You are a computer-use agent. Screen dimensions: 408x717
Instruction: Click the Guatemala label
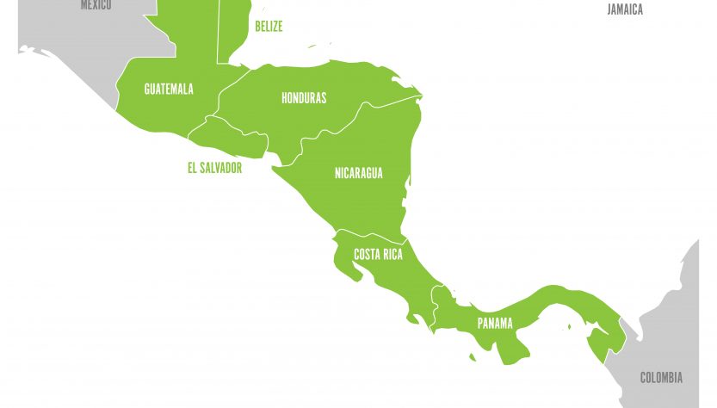[x=169, y=89]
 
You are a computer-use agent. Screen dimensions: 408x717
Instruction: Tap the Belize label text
[x=269, y=27]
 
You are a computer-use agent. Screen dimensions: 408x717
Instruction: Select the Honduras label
[x=304, y=98]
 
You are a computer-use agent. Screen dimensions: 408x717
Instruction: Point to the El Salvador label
[x=214, y=168]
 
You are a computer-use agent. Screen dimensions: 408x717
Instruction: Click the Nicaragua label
[x=358, y=173]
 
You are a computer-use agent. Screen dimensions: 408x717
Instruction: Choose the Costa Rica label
[x=378, y=255]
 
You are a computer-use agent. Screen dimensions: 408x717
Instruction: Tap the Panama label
[x=495, y=324]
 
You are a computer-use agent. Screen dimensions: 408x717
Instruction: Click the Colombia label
[x=661, y=377]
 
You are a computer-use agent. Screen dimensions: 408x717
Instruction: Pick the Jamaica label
[x=625, y=10]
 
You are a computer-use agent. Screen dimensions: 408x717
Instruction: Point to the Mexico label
[x=96, y=5]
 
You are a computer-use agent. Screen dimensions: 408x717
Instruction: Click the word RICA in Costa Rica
[x=391, y=255]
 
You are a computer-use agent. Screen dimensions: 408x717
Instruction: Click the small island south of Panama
[x=473, y=356]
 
